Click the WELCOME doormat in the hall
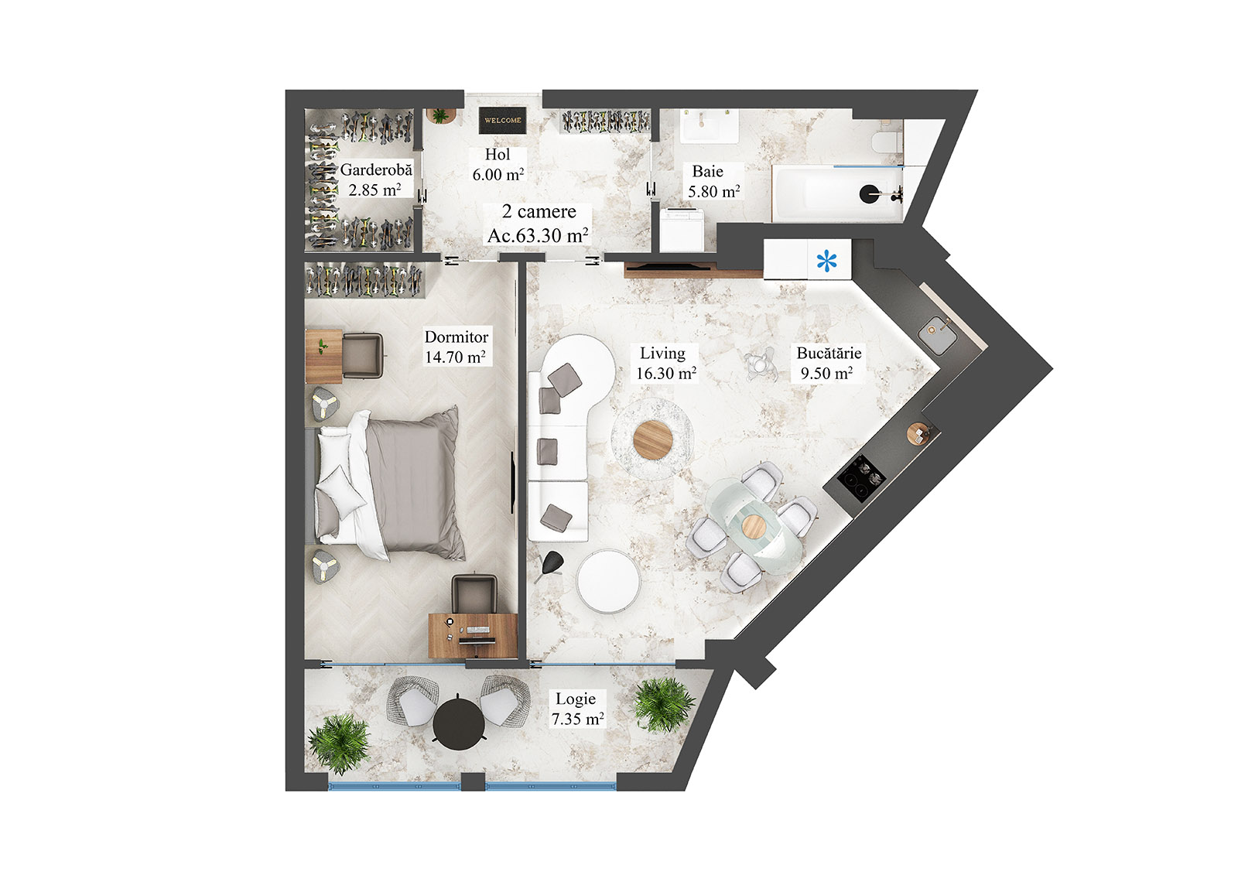pos(502,120)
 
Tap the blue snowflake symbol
pos(827,261)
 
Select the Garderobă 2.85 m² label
pos(375,179)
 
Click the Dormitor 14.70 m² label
pos(456,347)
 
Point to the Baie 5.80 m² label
pos(713,181)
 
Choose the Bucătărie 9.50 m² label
pos(828,363)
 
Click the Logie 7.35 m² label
pos(576,709)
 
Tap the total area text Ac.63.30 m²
pos(537,235)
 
